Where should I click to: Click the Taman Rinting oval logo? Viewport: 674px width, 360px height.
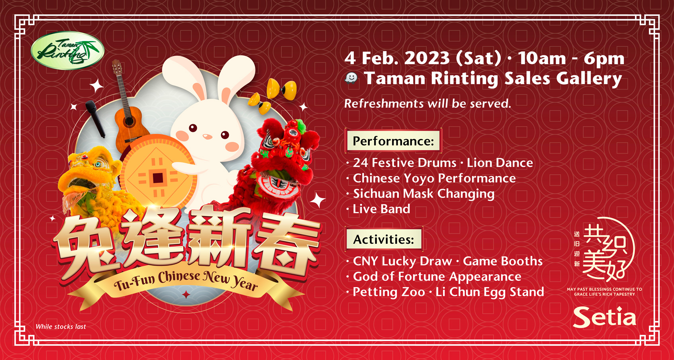pyautogui.click(x=68, y=51)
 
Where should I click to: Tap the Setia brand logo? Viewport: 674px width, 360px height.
pyautogui.click(x=605, y=317)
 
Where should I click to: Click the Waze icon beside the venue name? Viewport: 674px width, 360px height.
pyautogui.click(x=351, y=78)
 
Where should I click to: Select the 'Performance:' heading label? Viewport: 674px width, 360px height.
pyautogui.click(x=393, y=141)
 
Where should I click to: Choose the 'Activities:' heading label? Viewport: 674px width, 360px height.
pyautogui.click(x=384, y=239)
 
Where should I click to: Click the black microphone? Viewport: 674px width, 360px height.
pyautogui.click(x=95, y=119)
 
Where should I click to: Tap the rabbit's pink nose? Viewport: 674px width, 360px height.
pyautogui.click(x=207, y=137)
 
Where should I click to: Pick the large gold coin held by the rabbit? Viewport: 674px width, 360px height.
pyautogui.click(x=158, y=171)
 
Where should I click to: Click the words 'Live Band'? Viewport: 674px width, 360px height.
pyautogui.click(x=381, y=209)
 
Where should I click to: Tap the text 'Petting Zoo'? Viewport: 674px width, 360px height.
pyautogui.click(x=389, y=292)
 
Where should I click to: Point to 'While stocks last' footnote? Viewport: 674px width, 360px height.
pyautogui.click(x=61, y=327)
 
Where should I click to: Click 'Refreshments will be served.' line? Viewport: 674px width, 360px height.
pyautogui.click(x=427, y=104)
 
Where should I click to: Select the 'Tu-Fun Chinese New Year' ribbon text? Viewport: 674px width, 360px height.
pyautogui.click(x=186, y=281)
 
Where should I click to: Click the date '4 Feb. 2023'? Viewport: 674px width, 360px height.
pyautogui.click(x=397, y=58)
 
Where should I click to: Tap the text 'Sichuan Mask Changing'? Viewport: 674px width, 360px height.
pyautogui.click(x=424, y=194)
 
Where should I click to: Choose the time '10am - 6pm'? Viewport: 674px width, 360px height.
pyautogui.click(x=571, y=58)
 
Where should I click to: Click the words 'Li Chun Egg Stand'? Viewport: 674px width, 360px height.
pyautogui.click(x=490, y=292)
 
